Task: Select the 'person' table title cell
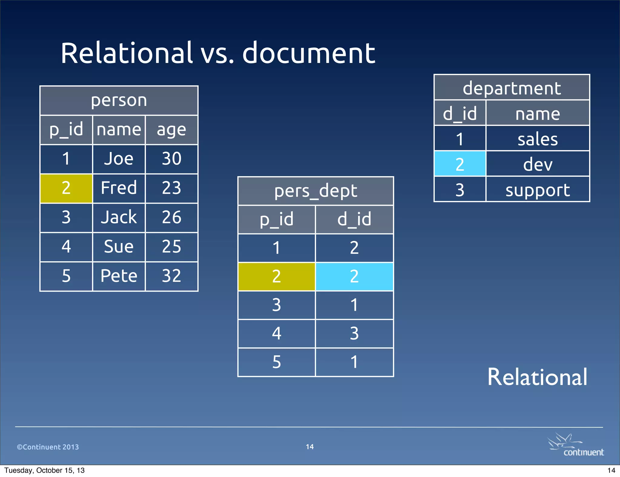coord(119,100)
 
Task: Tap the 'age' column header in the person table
coord(171,130)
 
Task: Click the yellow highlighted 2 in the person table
coord(66,188)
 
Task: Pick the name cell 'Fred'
coord(119,188)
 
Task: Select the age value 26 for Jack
coord(171,217)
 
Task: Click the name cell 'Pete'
coord(119,276)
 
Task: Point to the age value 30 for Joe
coord(171,159)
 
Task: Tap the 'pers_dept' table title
coord(315,191)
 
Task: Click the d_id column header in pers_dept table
coord(354,219)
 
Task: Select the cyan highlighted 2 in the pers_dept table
coord(354,276)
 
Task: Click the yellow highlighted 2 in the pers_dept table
coord(276,276)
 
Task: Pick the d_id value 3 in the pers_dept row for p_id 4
coord(354,334)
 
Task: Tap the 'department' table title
coord(512,88)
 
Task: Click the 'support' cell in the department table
coord(538,190)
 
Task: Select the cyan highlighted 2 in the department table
coord(460,164)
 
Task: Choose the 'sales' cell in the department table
coord(538,139)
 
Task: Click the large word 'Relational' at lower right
coord(537,377)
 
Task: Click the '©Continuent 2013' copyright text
coord(48,447)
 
